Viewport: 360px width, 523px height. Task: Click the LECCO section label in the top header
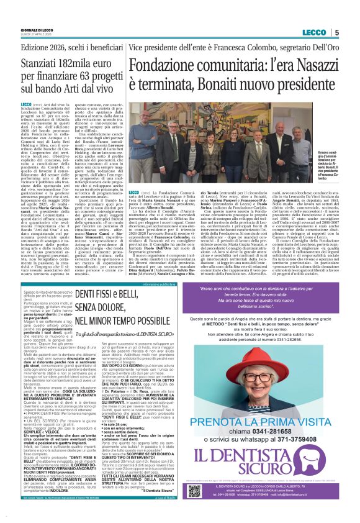[313, 32]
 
